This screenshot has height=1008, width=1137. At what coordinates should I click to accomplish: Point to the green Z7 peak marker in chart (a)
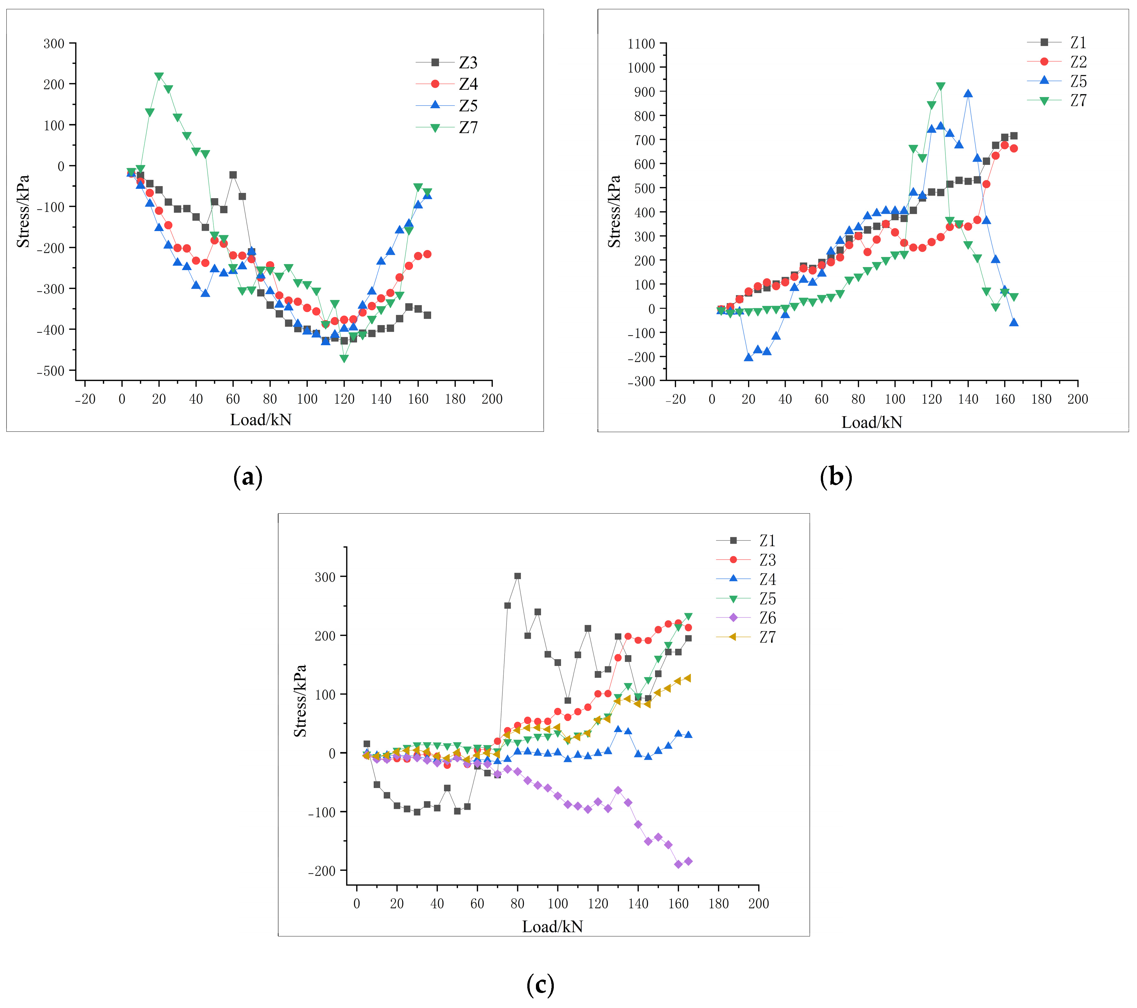coord(159,76)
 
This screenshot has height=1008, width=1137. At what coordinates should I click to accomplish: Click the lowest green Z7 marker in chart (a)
coord(344,359)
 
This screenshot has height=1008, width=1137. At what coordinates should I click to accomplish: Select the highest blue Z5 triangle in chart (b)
coord(968,94)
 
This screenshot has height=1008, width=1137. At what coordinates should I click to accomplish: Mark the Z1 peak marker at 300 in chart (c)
coord(517,576)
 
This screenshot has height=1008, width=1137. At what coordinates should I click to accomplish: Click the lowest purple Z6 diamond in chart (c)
coord(678,865)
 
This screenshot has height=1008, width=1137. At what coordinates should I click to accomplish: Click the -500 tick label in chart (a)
coord(50,371)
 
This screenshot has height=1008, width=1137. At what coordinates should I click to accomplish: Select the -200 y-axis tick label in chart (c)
coord(322,871)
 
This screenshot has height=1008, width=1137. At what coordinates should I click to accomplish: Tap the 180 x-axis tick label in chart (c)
coord(718,904)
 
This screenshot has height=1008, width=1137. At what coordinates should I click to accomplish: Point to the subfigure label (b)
coord(836,477)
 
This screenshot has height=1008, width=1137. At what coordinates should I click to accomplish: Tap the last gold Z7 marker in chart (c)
coord(688,678)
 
